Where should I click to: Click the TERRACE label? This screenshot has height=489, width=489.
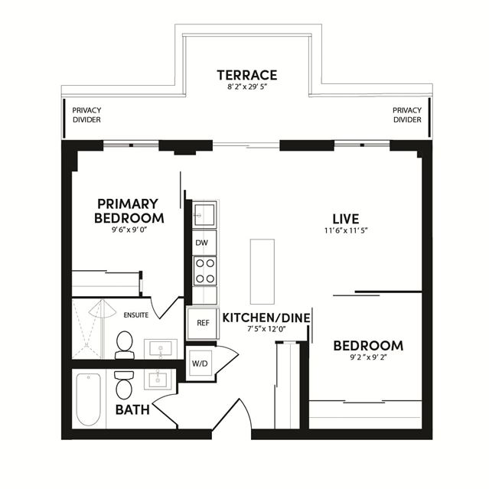247,75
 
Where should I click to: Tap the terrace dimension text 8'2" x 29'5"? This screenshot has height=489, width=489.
248,87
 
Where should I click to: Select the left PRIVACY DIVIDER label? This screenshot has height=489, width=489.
86,115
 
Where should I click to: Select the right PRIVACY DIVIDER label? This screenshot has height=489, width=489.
407,115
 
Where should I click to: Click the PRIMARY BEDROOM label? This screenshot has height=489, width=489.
129,211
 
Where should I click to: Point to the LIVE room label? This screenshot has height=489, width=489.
346,219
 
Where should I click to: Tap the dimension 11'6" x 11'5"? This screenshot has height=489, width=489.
346,231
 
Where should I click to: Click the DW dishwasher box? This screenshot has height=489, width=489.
204,243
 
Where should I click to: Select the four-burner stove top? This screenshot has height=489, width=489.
205,271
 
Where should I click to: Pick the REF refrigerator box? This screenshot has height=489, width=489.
203,323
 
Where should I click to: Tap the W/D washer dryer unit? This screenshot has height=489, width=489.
200,363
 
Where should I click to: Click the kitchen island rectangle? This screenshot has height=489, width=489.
262,272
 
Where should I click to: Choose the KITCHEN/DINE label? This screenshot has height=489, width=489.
266,318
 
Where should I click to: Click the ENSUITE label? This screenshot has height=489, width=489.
136,315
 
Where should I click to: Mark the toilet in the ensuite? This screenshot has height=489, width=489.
125,345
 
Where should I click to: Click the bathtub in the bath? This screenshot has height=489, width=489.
89,399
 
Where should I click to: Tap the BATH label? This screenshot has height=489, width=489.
132,409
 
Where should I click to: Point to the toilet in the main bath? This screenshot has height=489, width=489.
124,385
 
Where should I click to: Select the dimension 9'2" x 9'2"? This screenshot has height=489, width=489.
368,357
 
